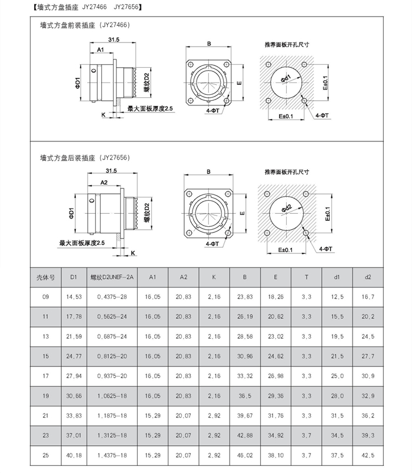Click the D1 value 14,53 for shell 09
(74, 297)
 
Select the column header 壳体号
(46, 276)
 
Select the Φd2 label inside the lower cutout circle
(287, 207)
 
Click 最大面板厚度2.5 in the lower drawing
(82, 242)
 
